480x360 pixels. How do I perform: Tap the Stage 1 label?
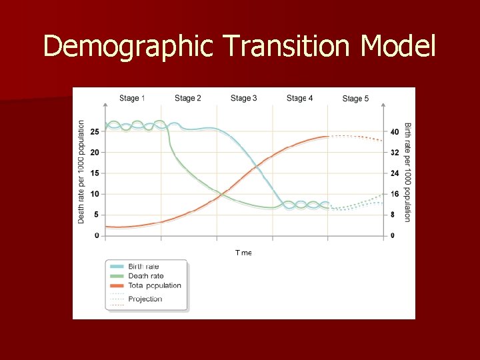click(x=132, y=98)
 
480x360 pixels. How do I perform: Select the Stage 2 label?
click(x=188, y=98)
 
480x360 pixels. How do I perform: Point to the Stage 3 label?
click(x=244, y=98)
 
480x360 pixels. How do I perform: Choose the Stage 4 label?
click(x=299, y=98)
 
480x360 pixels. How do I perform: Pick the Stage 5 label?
click(x=355, y=99)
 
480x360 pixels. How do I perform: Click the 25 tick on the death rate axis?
click(x=95, y=131)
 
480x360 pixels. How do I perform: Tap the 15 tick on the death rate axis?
click(x=95, y=173)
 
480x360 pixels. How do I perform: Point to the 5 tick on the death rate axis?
click(x=97, y=215)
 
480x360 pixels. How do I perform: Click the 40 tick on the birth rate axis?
click(x=395, y=131)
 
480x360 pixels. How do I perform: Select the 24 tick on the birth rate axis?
click(x=395, y=173)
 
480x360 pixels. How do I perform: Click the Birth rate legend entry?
click(x=143, y=267)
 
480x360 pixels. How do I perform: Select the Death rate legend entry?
click(x=145, y=276)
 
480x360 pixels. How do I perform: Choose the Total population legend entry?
click(x=154, y=285)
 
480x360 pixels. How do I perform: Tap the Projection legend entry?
click(x=145, y=299)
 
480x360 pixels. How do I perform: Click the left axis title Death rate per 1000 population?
click(x=81, y=171)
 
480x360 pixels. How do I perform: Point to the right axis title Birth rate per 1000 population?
click(x=407, y=172)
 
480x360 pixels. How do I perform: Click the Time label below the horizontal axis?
click(x=243, y=253)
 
